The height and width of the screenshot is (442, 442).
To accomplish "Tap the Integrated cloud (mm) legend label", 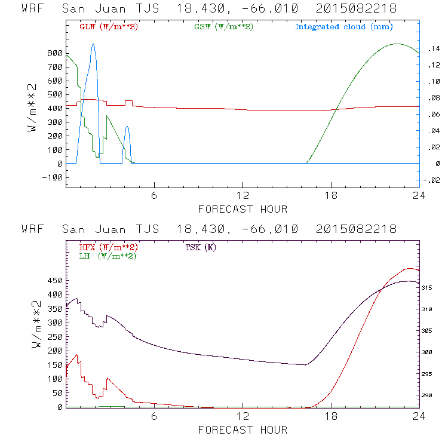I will pos(344,27).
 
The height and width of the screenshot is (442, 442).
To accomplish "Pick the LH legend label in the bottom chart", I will pos(108,256).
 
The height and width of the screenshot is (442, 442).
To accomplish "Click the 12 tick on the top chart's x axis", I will pos(243,197).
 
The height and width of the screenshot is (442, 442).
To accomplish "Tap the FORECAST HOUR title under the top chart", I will pos(243,209).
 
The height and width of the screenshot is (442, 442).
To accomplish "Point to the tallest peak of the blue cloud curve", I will pos(93,44).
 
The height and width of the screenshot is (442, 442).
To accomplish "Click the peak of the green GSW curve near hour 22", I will pos(397,44).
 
